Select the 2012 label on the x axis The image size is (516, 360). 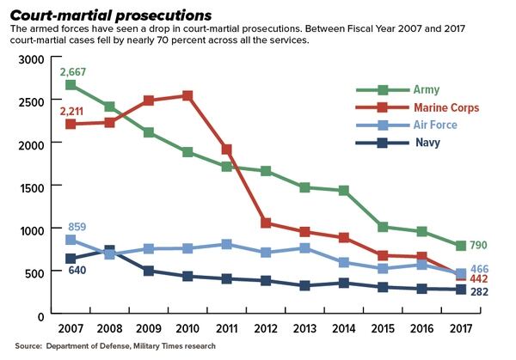click(266, 330)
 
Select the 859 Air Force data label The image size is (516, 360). click(77, 228)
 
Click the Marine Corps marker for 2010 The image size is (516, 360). click(187, 95)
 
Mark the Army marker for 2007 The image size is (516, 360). click(71, 85)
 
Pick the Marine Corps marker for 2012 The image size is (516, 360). click(266, 223)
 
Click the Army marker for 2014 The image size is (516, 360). click(344, 191)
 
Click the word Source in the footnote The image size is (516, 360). click(29, 345)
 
